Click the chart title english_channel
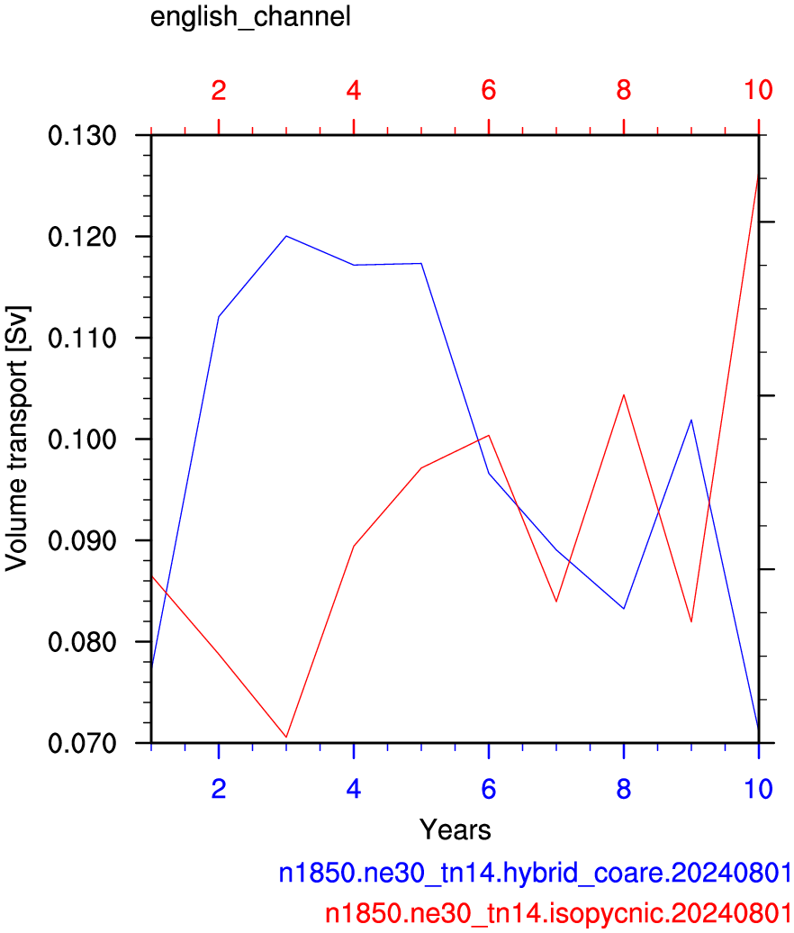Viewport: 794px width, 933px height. (250, 17)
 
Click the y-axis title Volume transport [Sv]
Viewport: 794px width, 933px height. (16, 439)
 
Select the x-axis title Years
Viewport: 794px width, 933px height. (455, 829)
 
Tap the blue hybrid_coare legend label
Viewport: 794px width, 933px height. (535, 873)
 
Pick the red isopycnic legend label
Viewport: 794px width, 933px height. (558, 913)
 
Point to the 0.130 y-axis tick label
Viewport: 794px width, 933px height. (82, 136)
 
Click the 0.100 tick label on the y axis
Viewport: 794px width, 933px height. (82, 439)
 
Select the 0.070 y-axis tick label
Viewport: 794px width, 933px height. (82, 743)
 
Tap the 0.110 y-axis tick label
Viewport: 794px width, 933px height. (82, 339)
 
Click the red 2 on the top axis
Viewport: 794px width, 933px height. (219, 90)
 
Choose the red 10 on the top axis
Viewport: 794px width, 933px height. (758, 90)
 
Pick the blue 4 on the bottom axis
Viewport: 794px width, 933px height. (354, 789)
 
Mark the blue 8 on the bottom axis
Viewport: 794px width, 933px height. (623, 789)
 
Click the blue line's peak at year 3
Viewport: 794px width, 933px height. (286, 236)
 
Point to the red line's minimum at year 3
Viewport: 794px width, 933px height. (286, 738)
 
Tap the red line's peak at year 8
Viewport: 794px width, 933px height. (623, 394)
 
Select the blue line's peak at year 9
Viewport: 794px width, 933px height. (691, 420)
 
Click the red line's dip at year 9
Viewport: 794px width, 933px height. (691, 621)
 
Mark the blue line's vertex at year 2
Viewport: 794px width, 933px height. (219, 317)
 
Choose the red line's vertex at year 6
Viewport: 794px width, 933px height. (489, 436)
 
